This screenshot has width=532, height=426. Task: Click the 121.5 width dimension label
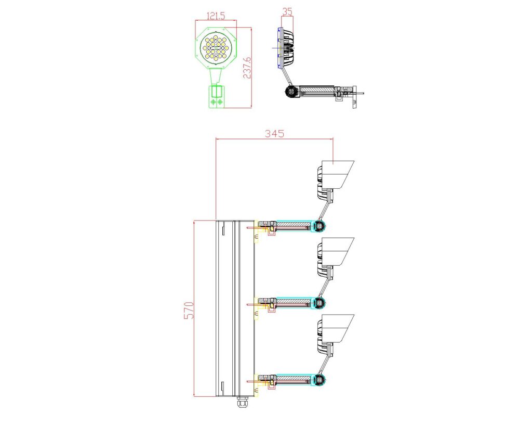[x=216, y=16]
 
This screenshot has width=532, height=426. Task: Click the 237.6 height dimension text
[x=247, y=68]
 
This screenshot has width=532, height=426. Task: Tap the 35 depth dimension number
[x=287, y=12]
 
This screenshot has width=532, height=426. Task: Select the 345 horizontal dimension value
[x=274, y=134]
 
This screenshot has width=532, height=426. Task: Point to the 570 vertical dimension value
[x=189, y=310]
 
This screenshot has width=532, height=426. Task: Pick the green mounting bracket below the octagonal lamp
[x=216, y=96]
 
